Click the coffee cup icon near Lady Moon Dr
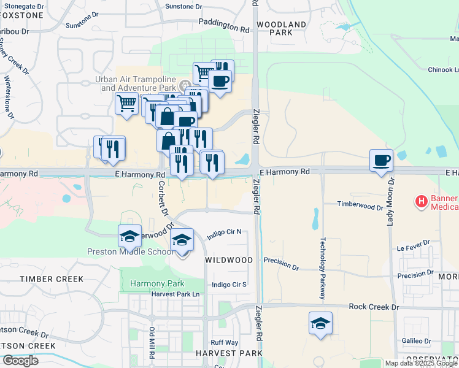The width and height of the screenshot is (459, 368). coord(381,161)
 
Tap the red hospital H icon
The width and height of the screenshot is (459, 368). coord(422,201)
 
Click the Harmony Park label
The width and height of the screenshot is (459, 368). coord(148,283)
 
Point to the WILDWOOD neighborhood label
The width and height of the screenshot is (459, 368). coord(228,260)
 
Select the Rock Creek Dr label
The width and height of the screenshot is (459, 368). coord(374,307)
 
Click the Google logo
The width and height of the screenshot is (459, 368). coord(20,361)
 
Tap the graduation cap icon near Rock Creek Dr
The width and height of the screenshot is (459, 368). coord(320,323)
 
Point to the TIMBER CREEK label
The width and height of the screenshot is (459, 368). coord(51,279)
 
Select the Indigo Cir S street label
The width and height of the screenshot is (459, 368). coord(229,285)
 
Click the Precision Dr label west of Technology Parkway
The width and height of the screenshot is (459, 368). coord(281,268)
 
